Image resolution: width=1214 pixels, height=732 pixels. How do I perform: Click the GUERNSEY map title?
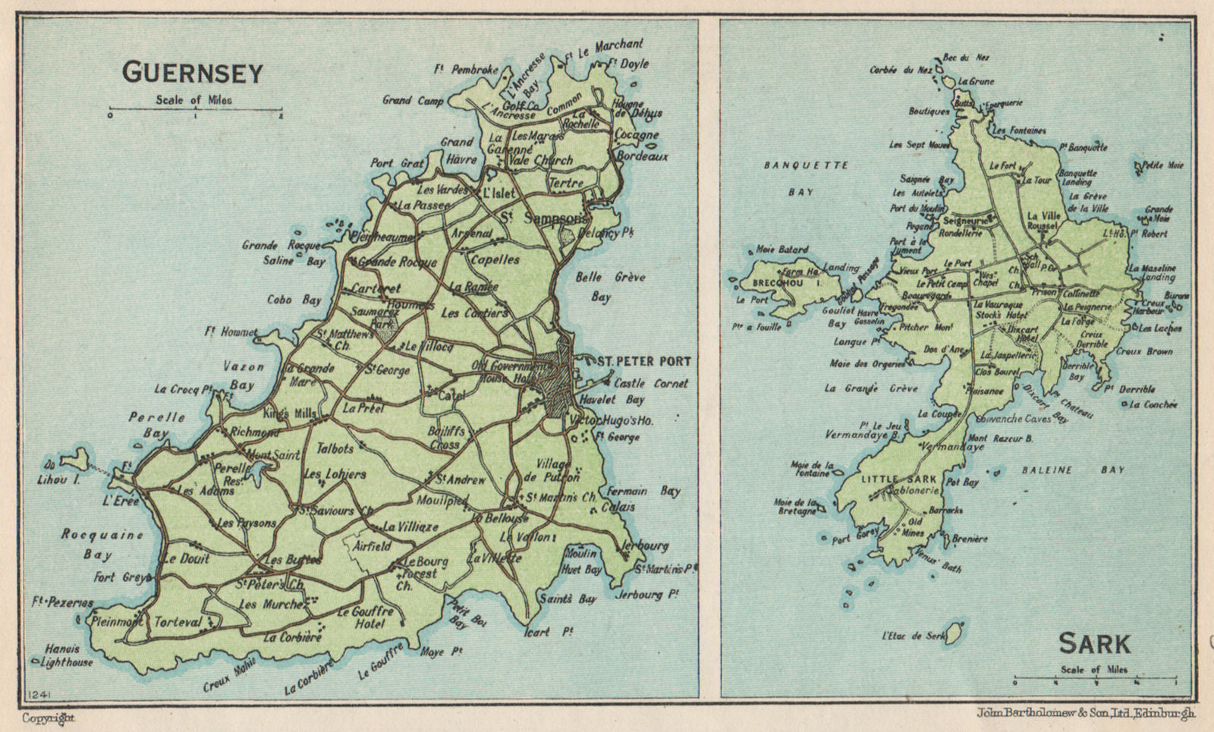[193, 73]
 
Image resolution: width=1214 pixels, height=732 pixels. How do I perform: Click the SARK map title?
[1094, 644]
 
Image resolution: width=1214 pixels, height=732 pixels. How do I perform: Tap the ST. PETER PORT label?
[643, 361]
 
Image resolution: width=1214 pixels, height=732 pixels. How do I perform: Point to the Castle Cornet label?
[650, 384]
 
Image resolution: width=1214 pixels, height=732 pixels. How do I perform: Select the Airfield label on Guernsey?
[372, 545]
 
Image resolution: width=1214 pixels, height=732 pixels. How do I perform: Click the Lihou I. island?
[74, 460]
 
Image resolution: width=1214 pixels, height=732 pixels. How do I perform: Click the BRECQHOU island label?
[777, 283]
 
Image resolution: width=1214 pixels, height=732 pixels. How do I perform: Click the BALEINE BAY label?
[1071, 470]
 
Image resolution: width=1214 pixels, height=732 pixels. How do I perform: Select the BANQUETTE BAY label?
[806, 178]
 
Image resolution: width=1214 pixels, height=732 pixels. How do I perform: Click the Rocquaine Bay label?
[102, 543]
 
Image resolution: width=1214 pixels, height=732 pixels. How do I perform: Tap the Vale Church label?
[543, 160]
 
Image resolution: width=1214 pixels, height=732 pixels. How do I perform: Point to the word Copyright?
[49, 718]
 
